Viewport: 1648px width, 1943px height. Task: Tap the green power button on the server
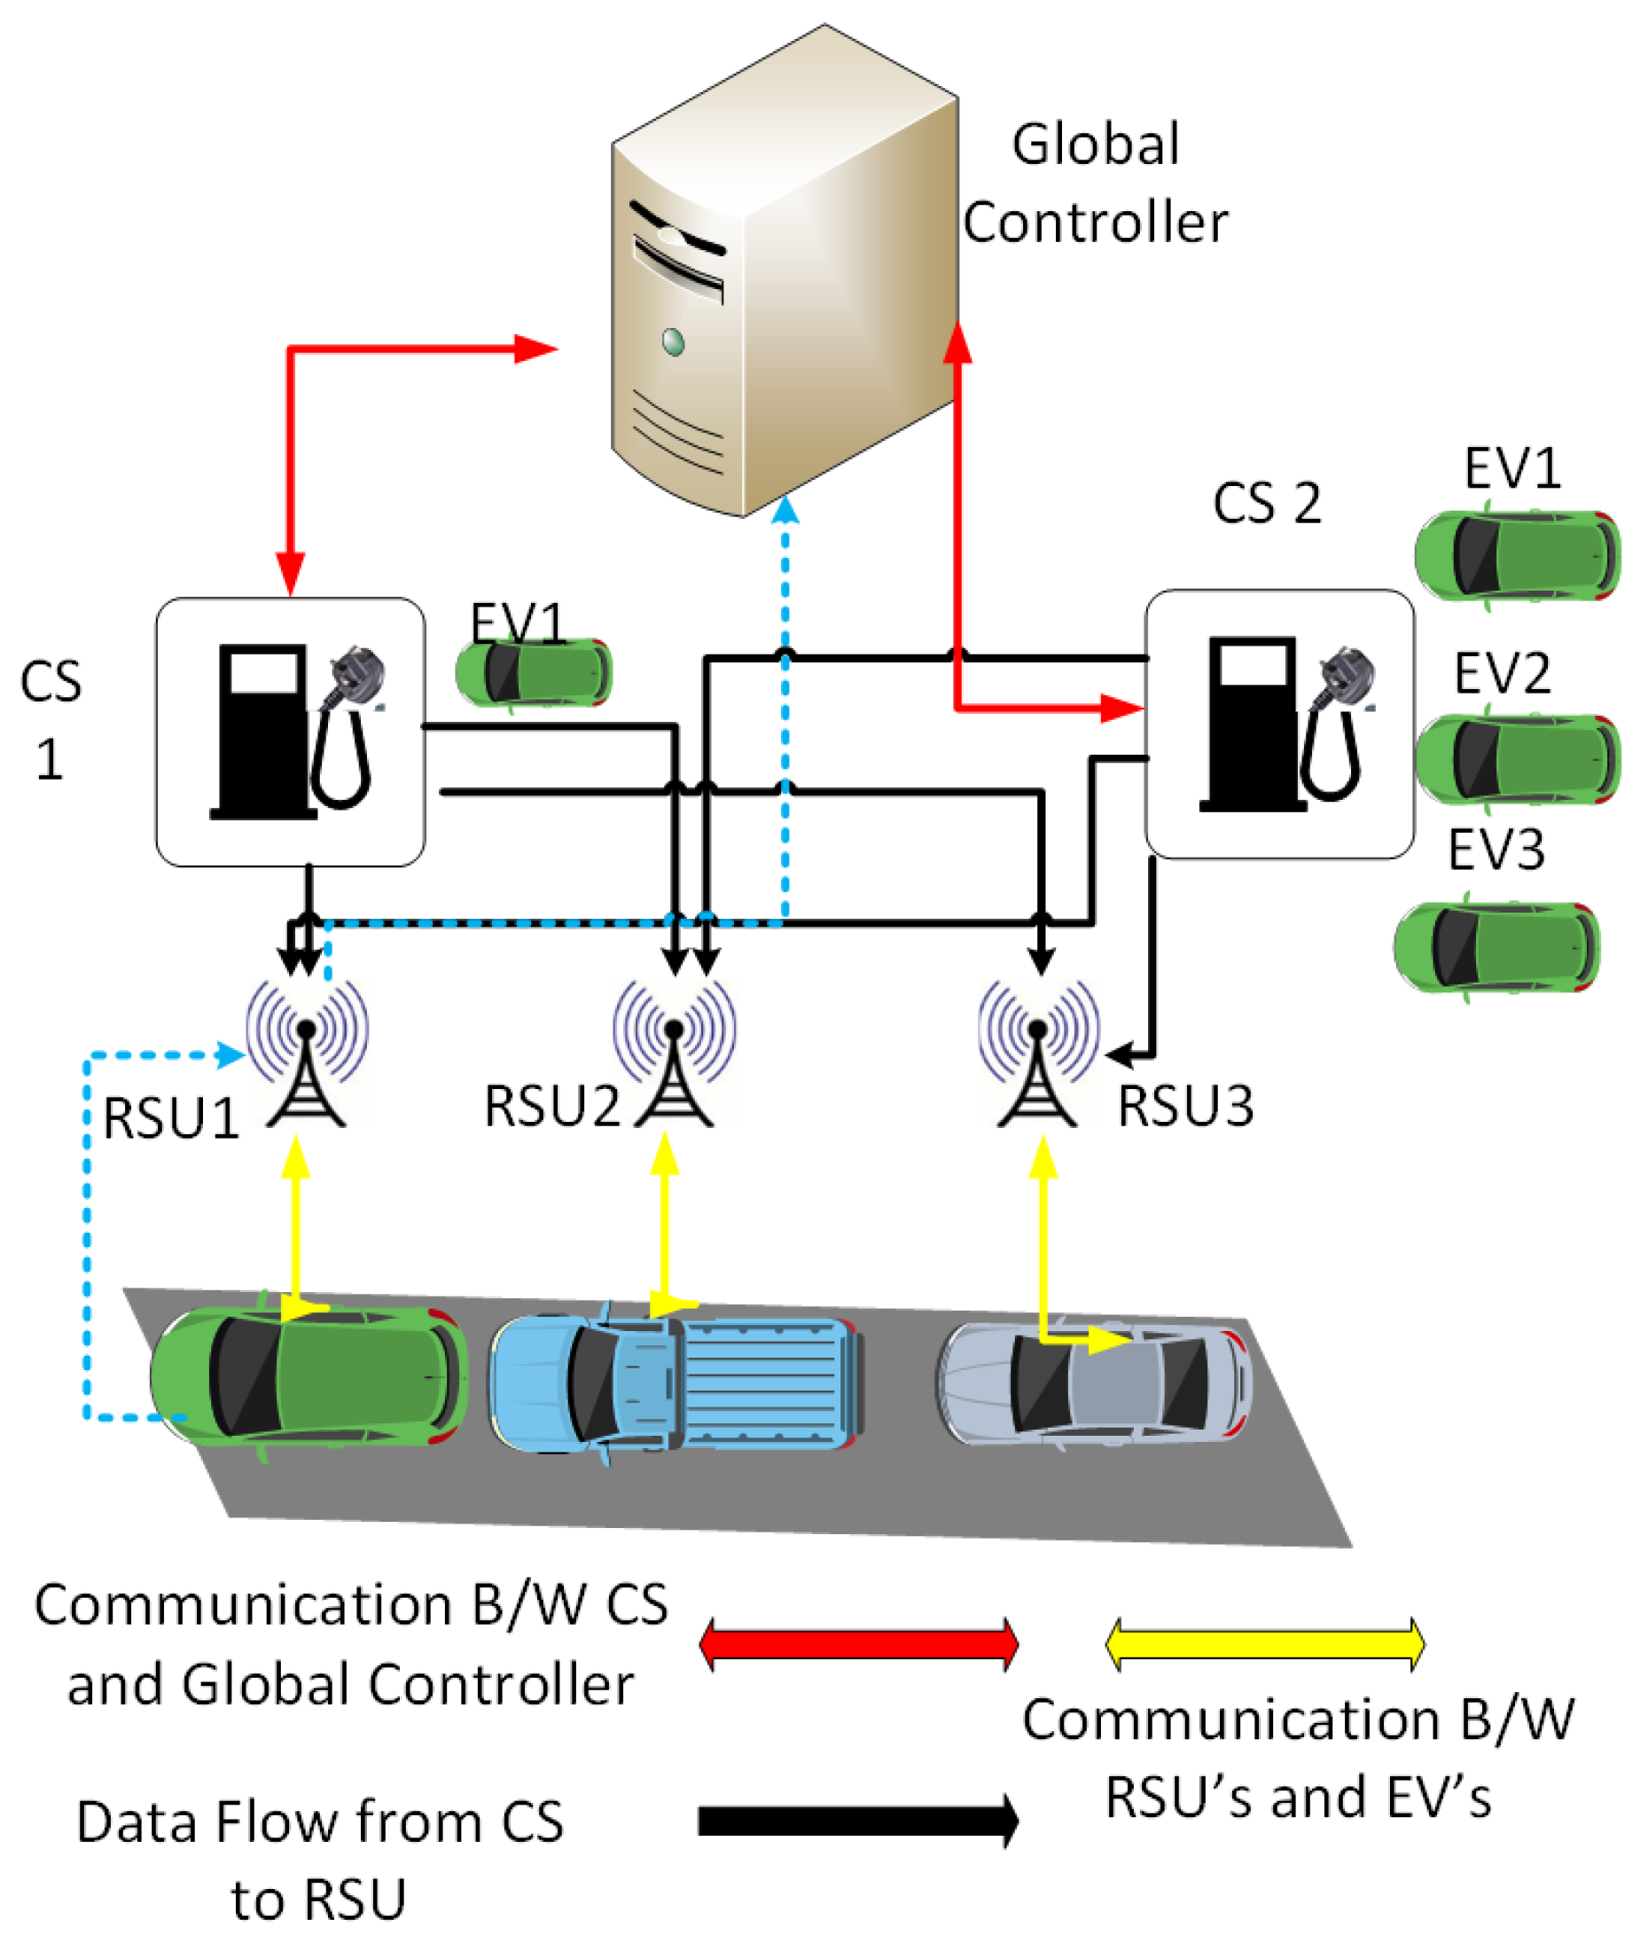pos(673,342)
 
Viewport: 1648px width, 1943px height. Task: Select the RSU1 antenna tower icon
pos(307,1056)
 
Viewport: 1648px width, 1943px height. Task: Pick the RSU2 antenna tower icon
pos(674,1056)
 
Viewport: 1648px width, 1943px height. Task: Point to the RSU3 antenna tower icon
pos(1038,1056)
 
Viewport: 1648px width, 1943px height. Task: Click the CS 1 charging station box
pos(291,733)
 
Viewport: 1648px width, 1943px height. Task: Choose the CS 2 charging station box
pos(1279,725)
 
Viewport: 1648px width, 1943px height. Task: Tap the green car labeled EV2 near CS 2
pos(1517,759)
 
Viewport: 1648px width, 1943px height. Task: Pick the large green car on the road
pos(309,1374)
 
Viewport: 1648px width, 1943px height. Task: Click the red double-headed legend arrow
pos(858,1645)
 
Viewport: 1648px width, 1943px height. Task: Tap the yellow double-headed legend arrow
pos(1265,1645)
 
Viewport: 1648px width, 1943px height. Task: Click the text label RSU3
pos(1184,1108)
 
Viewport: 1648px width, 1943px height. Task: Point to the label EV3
pos(1495,850)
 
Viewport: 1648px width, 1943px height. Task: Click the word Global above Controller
pos(1095,145)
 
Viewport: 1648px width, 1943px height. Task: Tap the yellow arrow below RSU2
pos(665,1215)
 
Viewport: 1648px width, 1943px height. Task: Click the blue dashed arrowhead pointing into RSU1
pos(230,1055)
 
